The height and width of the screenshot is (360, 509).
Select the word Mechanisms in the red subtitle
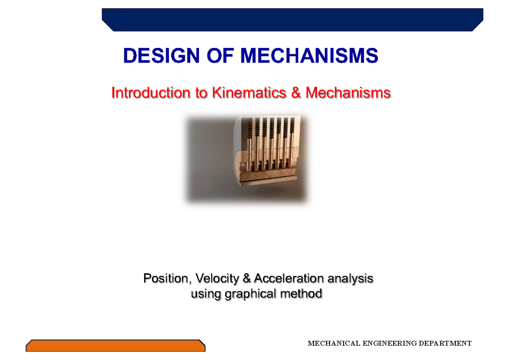[348, 93]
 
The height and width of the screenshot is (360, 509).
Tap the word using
[206, 294]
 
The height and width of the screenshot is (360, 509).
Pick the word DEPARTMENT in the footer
[445, 343]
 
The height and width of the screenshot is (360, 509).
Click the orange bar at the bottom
[115, 346]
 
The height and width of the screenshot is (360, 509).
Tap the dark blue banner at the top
[293, 20]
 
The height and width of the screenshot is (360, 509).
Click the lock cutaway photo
[246, 159]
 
